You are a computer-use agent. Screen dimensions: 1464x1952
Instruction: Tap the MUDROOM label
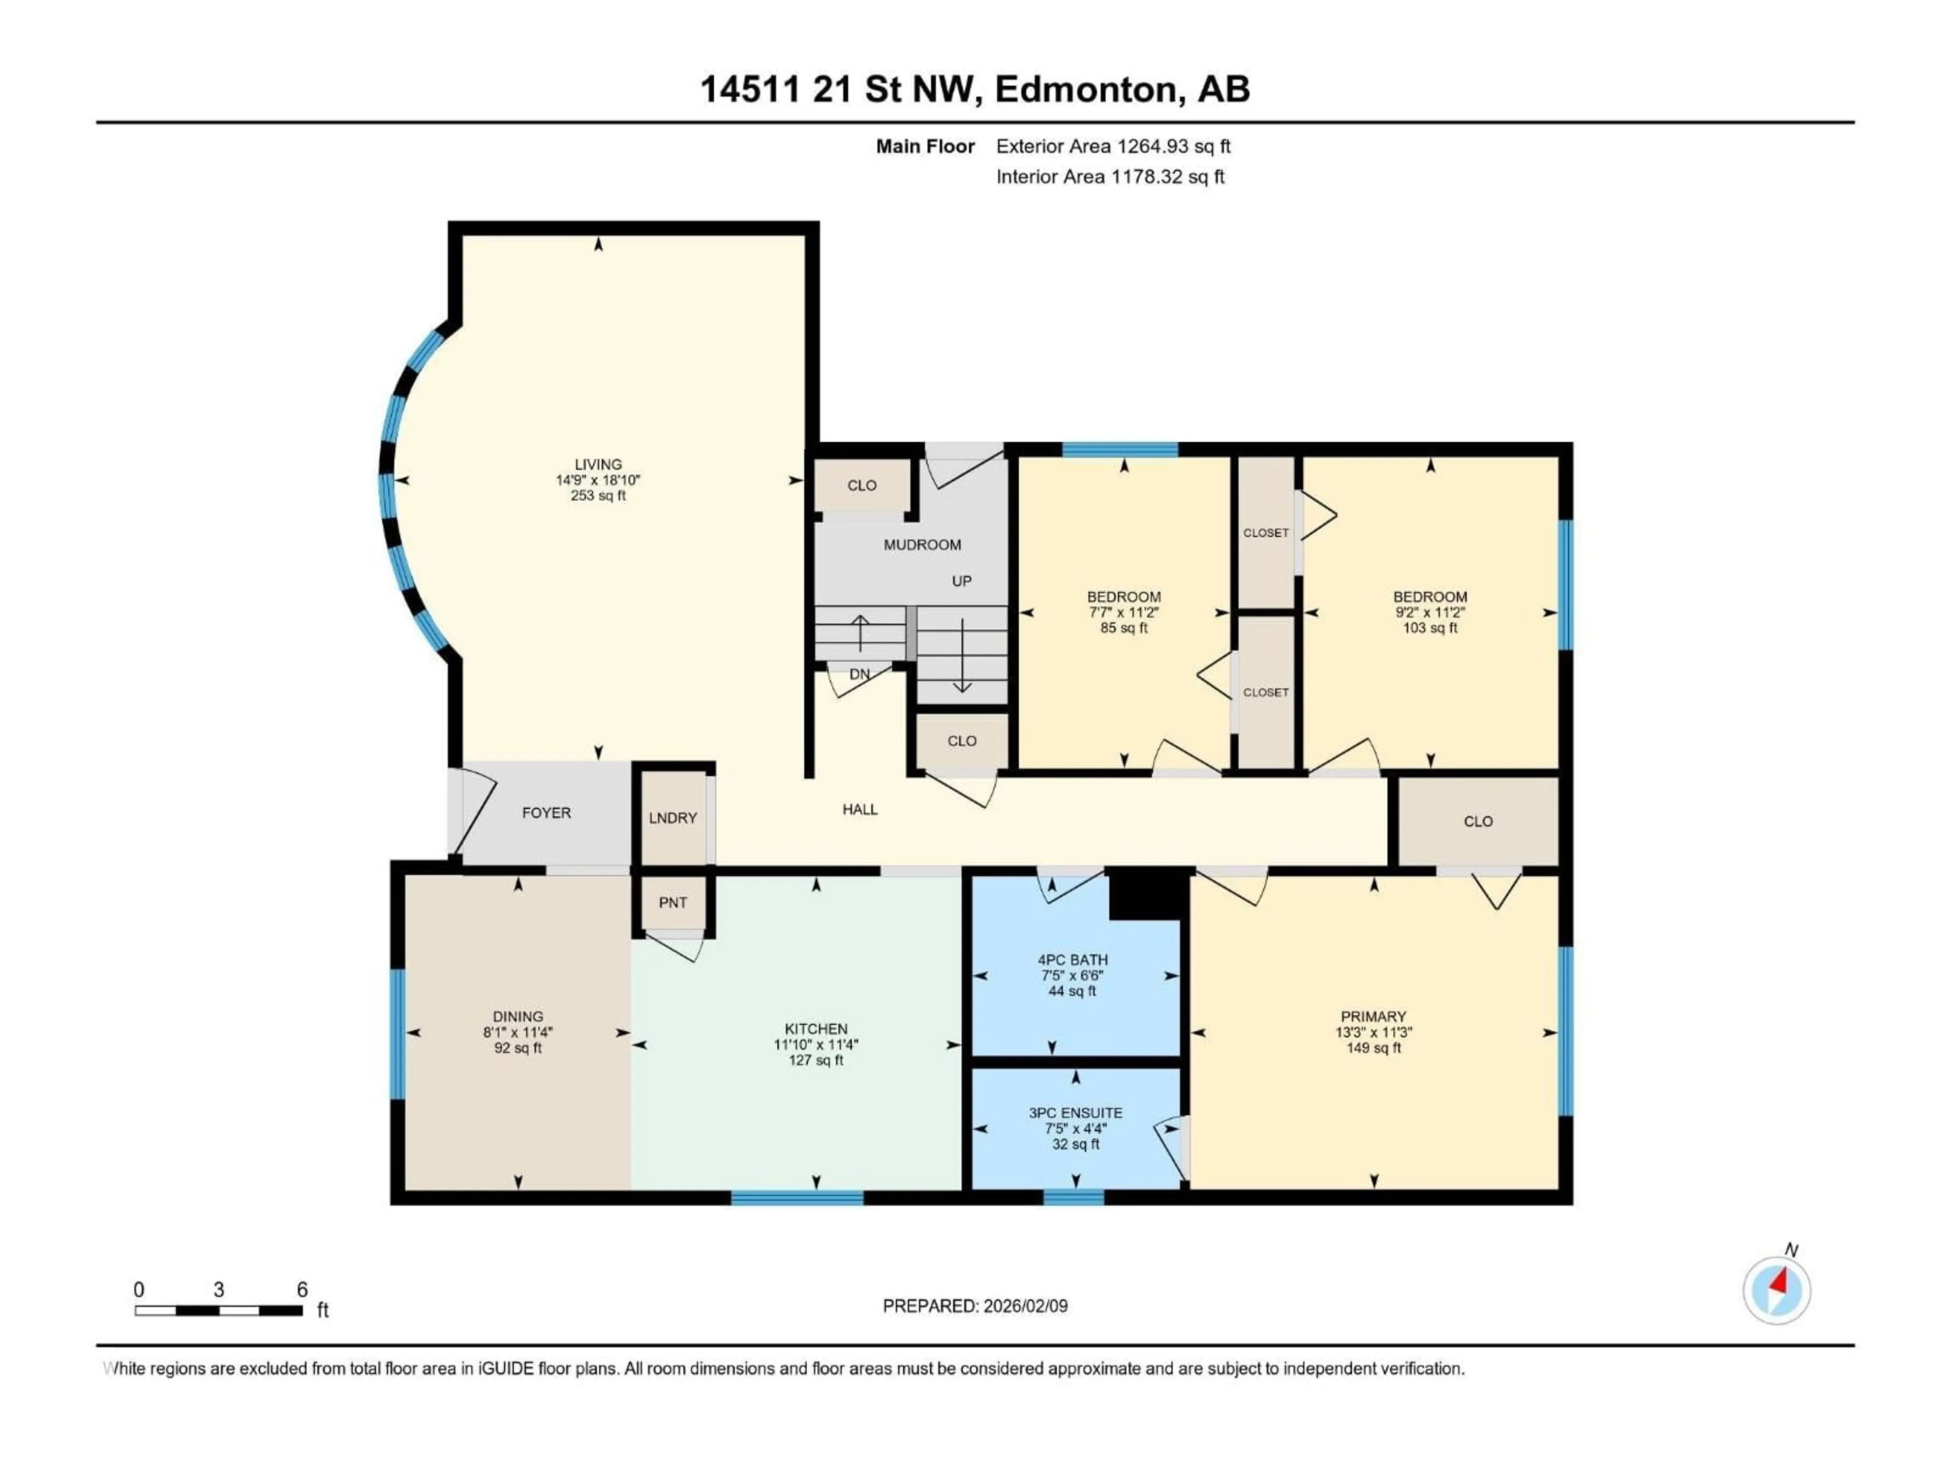(922, 544)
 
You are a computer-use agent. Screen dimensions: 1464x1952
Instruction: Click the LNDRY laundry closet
(673, 818)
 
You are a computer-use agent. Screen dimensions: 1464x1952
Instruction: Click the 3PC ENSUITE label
(1075, 1113)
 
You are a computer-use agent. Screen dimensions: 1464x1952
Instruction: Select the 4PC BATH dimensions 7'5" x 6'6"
(1072, 975)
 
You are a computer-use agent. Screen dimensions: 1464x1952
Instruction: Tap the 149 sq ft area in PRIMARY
(1373, 1048)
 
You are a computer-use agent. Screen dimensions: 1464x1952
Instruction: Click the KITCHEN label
(815, 1029)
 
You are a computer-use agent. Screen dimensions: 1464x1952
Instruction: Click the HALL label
(860, 809)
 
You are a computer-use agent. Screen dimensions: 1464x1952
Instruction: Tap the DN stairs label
(860, 674)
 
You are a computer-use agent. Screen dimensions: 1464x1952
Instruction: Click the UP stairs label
(961, 581)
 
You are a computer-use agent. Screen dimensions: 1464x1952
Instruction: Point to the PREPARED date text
(974, 1306)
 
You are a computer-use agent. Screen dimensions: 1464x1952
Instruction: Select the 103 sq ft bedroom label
(1429, 627)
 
